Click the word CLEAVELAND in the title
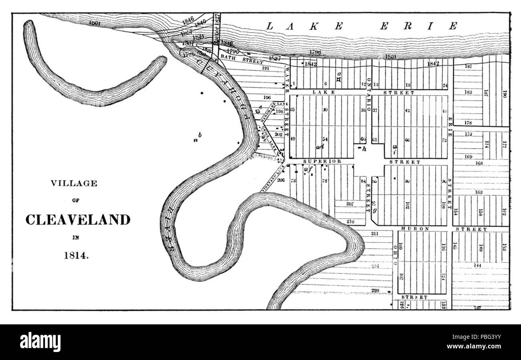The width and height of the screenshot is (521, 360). (78, 220)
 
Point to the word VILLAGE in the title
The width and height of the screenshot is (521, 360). (74, 184)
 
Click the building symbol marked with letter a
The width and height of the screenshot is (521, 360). (339, 80)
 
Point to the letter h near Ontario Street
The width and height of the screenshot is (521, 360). (364, 149)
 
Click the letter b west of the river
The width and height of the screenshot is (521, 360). (200, 135)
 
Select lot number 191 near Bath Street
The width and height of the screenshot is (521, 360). (265, 68)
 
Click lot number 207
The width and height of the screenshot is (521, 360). (350, 204)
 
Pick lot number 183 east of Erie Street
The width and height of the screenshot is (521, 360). (468, 92)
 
